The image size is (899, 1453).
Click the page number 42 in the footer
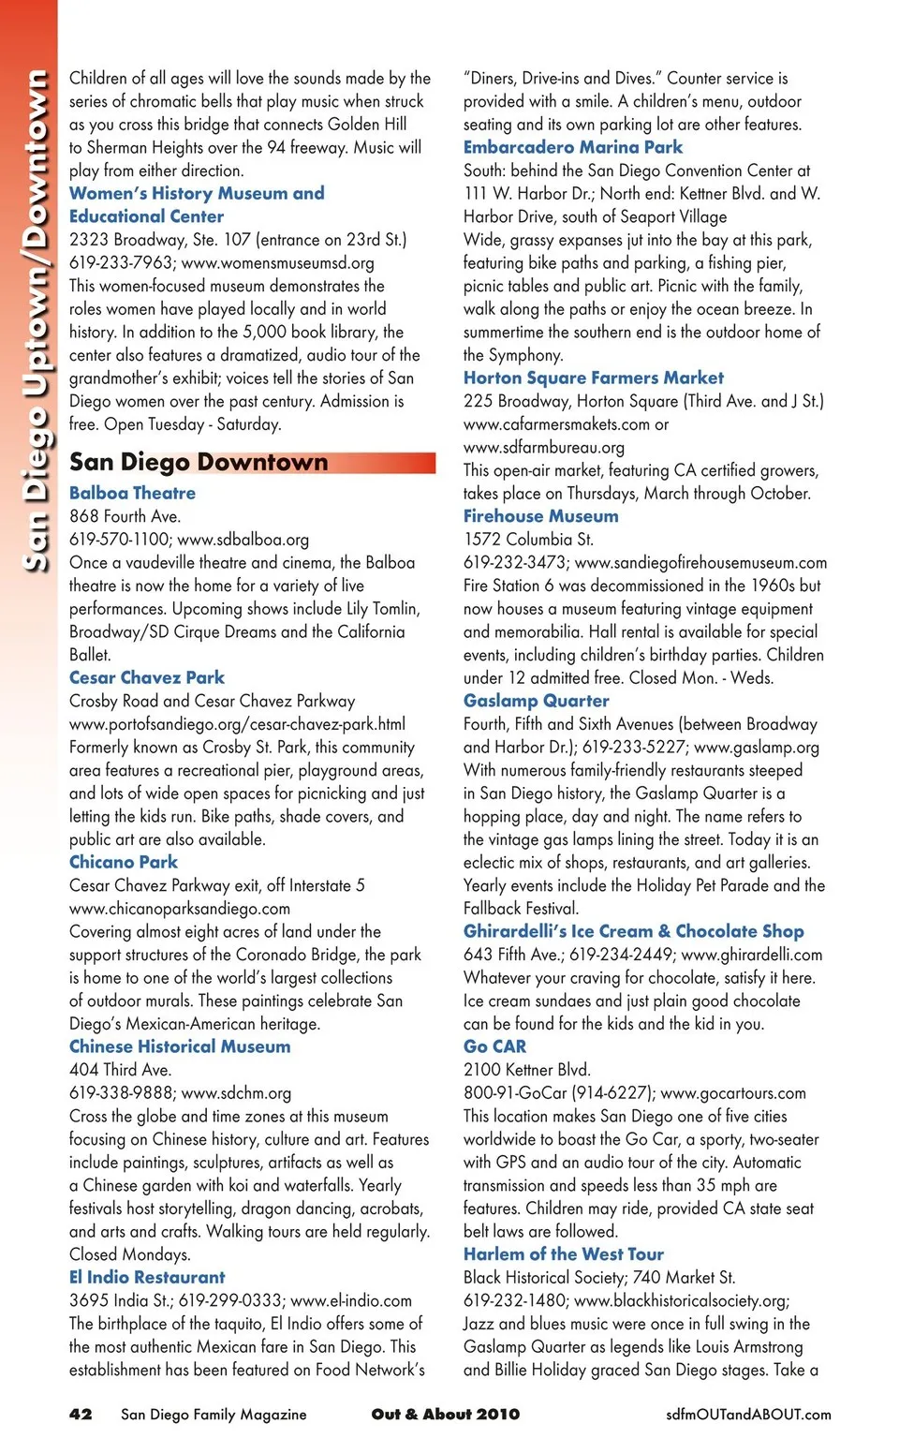(x=81, y=1414)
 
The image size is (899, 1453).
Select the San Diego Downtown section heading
(x=199, y=462)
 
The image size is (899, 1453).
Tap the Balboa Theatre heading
(x=132, y=493)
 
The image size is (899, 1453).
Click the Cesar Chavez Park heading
(x=147, y=677)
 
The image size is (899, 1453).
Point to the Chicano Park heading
(x=124, y=862)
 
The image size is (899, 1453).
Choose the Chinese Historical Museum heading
(x=180, y=1046)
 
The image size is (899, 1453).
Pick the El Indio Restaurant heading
(x=147, y=1277)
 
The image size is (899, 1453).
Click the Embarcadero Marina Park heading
(x=572, y=147)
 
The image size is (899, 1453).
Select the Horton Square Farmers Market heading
(x=593, y=378)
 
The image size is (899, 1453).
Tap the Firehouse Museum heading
(x=540, y=516)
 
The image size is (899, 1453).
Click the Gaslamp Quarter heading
(x=536, y=701)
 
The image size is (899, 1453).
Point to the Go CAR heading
(x=494, y=1046)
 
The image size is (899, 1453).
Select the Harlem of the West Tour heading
(x=563, y=1254)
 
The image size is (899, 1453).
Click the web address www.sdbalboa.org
(x=243, y=540)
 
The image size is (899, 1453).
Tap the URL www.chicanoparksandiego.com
(x=180, y=909)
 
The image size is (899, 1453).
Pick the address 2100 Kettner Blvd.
(x=526, y=1070)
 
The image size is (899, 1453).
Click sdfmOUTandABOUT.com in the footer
(x=747, y=1415)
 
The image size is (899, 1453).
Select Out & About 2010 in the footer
(x=445, y=1414)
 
